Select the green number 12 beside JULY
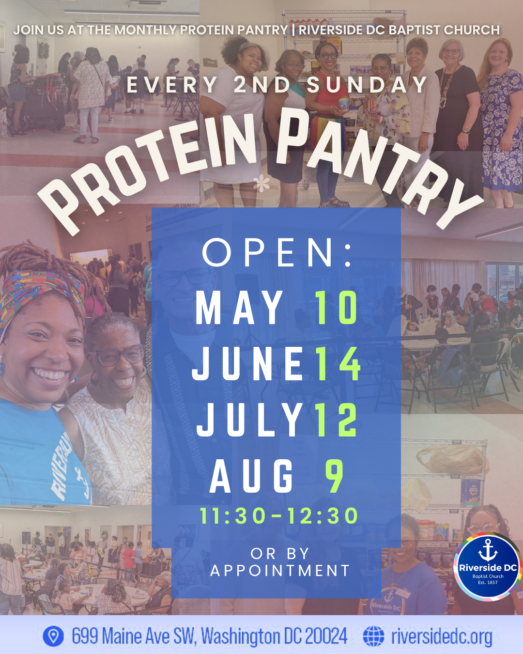coord(336,420)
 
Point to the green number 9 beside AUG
coord(334,476)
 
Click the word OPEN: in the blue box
coord(277,252)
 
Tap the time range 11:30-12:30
coord(279,516)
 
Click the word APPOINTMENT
coord(280,571)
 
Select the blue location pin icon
coord(53,636)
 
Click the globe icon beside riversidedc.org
coord(373,636)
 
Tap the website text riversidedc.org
coord(442,637)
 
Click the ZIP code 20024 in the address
coord(326,636)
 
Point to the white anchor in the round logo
coord(488,550)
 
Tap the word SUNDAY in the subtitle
coord(367,85)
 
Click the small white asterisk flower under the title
coord(261,184)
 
